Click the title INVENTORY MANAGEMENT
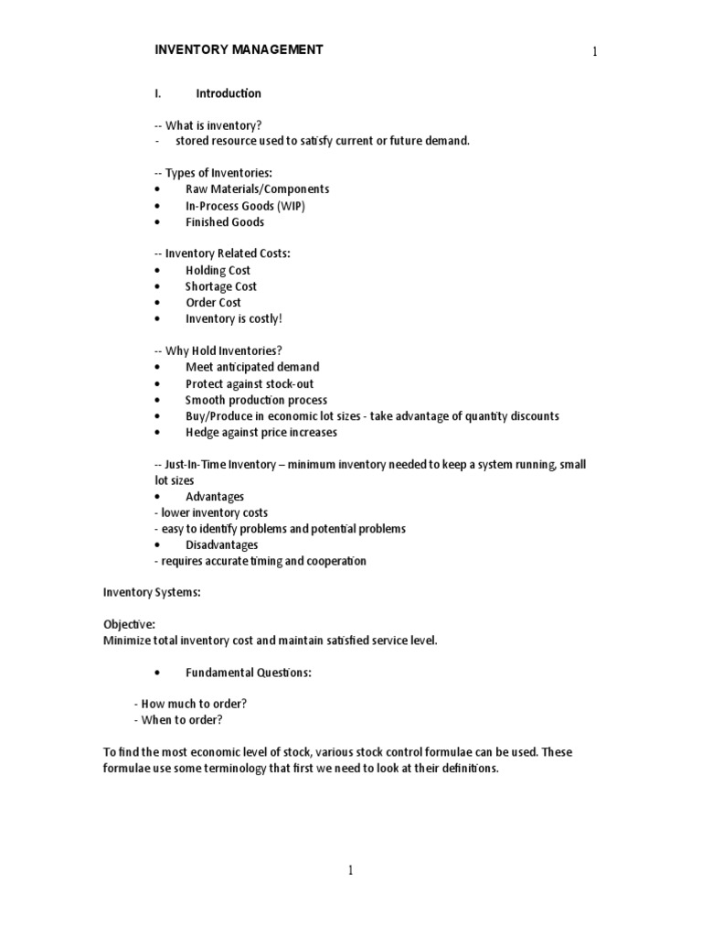click(x=238, y=49)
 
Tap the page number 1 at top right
click(x=594, y=52)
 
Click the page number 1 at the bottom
click(x=350, y=871)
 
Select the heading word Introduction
click(x=229, y=93)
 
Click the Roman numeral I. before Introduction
click(x=157, y=93)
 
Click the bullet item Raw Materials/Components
click(x=257, y=189)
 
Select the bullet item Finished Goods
click(x=225, y=222)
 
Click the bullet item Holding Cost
click(x=218, y=271)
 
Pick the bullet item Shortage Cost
click(x=220, y=286)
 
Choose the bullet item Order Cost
click(x=213, y=303)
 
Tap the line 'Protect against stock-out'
click(x=250, y=384)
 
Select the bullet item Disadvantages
click(x=222, y=545)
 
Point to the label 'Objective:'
click(x=128, y=625)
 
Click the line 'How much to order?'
click(x=195, y=704)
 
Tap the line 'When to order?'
click(x=182, y=720)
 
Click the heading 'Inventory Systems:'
click(x=151, y=593)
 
